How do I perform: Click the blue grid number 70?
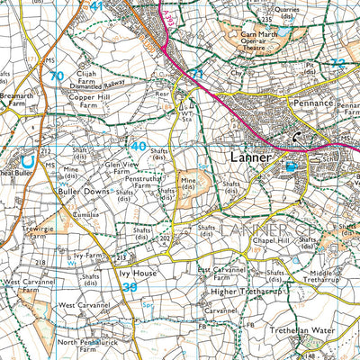point(57,76)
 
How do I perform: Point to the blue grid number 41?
point(97,6)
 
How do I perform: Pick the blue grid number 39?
point(131,286)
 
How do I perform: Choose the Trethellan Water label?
point(303,330)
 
